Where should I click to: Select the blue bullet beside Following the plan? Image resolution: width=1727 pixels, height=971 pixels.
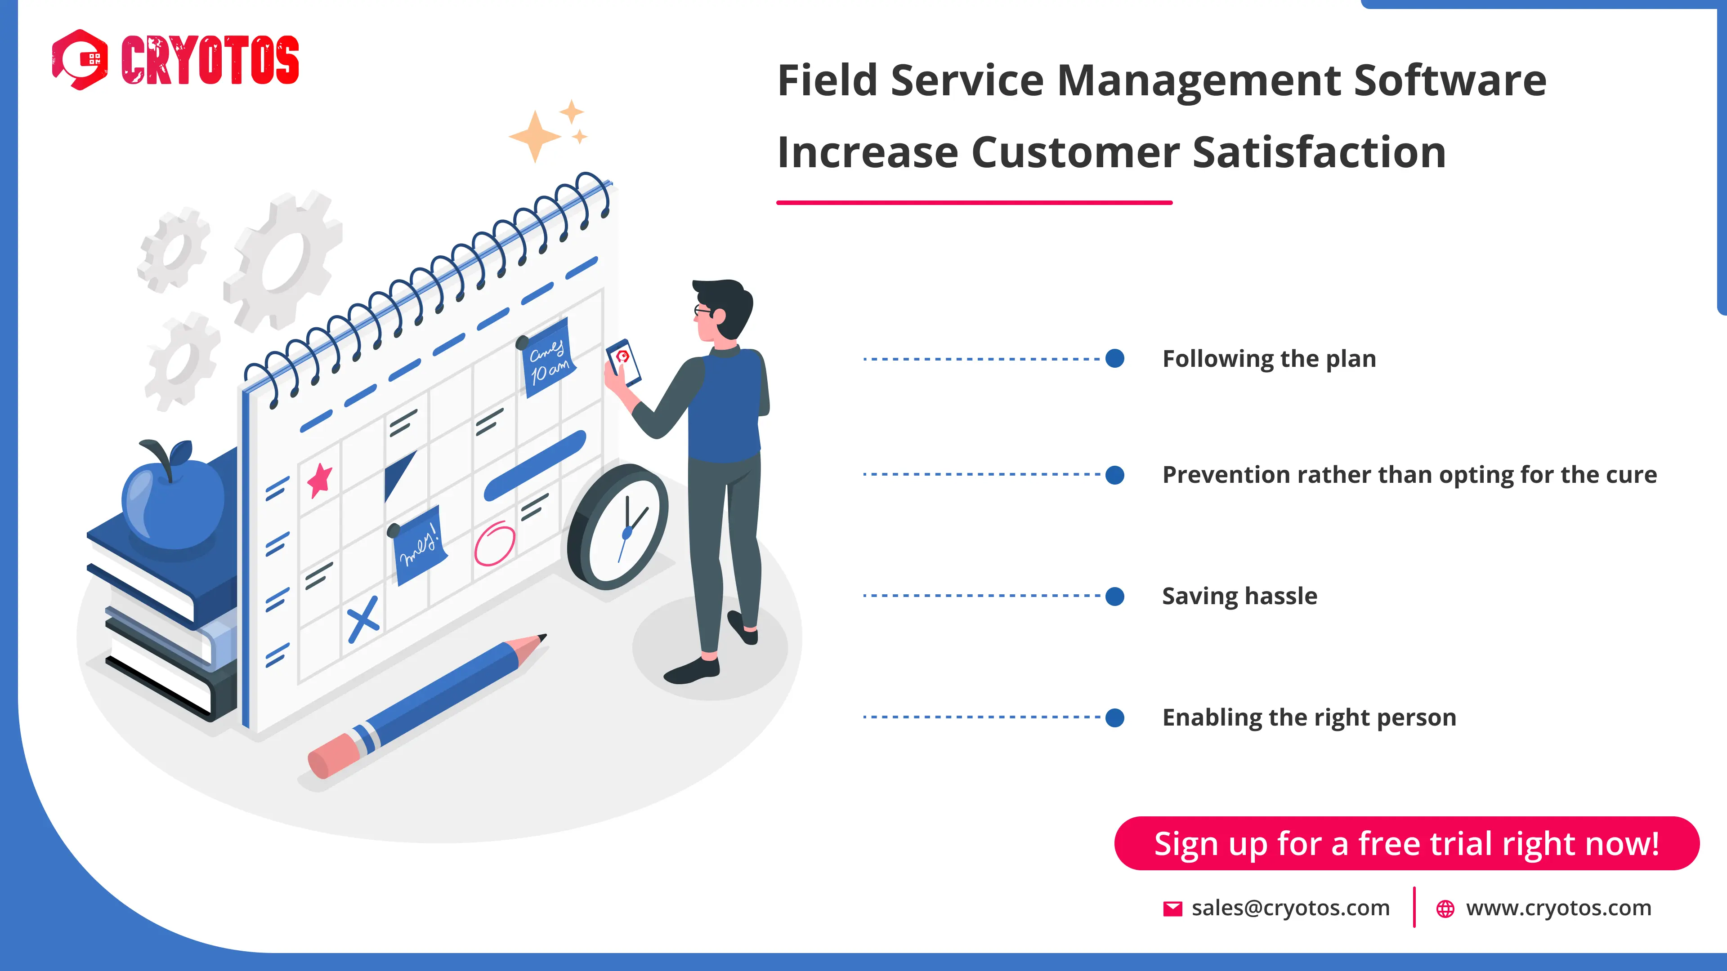tap(1114, 359)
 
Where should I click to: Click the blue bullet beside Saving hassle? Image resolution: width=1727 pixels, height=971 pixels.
tap(1114, 596)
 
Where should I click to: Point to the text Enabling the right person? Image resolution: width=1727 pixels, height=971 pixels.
tap(1309, 718)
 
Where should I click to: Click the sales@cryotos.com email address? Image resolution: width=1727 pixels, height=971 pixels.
tap(1290, 908)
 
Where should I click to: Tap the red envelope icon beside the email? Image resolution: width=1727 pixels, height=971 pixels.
tap(1172, 909)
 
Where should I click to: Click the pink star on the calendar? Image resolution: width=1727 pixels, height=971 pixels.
tap(320, 480)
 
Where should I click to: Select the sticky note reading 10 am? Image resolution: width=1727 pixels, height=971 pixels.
tap(548, 359)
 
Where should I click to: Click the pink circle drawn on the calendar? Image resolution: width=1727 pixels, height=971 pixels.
tap(495, 543)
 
